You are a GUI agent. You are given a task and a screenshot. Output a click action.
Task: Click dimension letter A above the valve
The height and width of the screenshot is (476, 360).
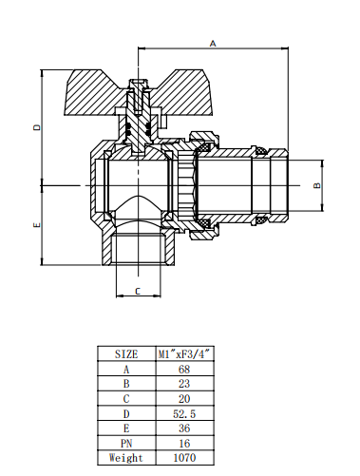coord(213,44)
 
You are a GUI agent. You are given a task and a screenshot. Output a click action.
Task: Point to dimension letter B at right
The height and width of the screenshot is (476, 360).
coord(317,185)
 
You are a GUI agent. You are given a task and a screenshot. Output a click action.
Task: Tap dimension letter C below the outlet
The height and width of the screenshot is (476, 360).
coord(138,291)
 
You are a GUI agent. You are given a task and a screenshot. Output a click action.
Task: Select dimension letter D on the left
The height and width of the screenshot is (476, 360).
coord(37,127)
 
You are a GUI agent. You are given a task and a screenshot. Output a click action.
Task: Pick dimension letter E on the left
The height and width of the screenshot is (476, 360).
coord(37,225)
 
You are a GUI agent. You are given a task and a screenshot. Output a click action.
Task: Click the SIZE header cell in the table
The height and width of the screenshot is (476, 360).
coord(126,353)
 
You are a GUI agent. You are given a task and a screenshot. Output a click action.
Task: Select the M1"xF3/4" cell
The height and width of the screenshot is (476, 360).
coord(184,353)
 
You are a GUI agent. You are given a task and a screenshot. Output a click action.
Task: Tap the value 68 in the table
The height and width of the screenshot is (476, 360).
coord(184,369)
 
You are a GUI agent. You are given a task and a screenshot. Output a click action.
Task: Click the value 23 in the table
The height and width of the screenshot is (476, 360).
coord(184,384)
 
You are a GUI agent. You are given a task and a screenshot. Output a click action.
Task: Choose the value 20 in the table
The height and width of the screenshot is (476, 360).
coord(184,398)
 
